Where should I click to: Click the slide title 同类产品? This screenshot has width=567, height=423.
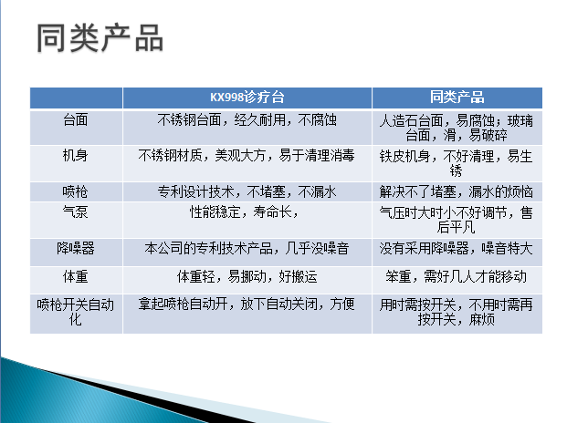[100, 38]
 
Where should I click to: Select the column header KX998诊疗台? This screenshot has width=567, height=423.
[247, 97]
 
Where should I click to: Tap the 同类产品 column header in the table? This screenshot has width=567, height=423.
[457, 97]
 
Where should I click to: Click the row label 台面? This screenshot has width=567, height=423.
[76, 119]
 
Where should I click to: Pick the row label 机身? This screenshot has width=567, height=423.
[76, 156]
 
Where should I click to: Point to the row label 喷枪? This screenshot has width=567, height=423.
[75, 191]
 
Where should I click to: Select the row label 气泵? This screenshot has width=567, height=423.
[76, 211]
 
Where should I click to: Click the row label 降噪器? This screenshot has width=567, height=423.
[76, 248]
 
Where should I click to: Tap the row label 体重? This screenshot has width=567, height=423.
[76, 276]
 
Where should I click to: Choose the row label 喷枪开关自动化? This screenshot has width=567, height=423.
[76, 312]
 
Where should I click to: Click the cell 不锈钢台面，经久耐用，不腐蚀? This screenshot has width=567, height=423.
[247, 119]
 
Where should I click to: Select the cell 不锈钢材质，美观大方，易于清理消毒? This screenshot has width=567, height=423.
[247, 156]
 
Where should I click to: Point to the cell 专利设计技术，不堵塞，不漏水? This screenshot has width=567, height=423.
[247, 191]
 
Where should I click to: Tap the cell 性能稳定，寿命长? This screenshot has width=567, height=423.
[244, 211]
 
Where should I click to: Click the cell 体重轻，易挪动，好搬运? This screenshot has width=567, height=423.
[247, 276]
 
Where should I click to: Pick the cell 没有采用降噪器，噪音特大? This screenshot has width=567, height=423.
[457, 248]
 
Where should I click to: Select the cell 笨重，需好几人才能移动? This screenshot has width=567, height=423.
[457, 276]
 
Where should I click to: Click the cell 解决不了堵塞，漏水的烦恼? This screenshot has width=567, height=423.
[457, 191]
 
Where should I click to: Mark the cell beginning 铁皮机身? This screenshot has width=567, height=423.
[457, 163]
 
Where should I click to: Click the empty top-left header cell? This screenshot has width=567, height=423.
[76, 98]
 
